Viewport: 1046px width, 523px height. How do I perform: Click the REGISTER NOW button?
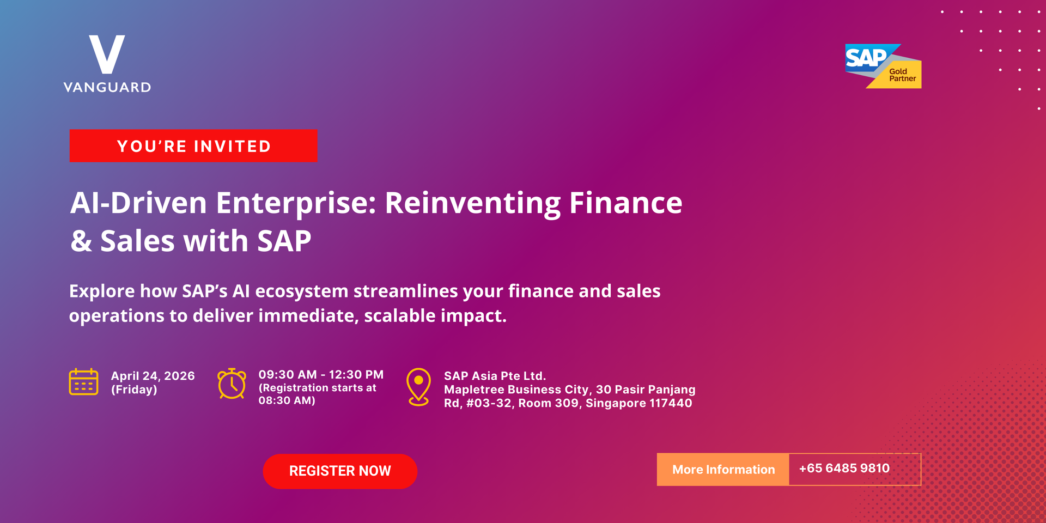(x=340, y=471)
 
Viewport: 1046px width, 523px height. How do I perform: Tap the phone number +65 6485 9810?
(x=844, y=469)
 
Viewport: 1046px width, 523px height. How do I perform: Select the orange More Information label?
(x=723, y=470)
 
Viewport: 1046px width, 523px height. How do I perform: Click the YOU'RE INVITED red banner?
(x=193, y=146)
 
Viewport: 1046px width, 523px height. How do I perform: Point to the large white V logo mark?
(x=107, y=54)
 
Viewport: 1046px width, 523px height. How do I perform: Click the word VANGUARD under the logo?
(x=107, y=87)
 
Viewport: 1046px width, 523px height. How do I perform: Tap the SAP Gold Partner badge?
(x=883, y=66)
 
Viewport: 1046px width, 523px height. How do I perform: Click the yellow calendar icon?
(x=84, y=381)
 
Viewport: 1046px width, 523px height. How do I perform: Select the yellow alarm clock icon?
(x=232, y=384)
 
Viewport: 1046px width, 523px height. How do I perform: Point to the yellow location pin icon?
(x=418, y=387)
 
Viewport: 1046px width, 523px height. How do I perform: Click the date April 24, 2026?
(x=153, y=376)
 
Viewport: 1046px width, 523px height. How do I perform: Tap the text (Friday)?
(x=134, y=390)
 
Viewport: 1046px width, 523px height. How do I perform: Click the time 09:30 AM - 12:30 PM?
(x=321, y=375)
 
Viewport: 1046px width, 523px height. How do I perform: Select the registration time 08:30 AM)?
(x=287, y=400)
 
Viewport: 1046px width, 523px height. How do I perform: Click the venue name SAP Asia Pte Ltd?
(x=495, y=376)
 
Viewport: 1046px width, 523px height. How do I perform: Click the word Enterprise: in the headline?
(x=296, y=204)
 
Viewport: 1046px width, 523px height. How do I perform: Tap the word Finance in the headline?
(x=625, y=203)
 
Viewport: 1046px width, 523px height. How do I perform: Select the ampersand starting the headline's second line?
(x=81, y=241)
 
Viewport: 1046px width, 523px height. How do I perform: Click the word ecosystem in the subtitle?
(x=301, y=291)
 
